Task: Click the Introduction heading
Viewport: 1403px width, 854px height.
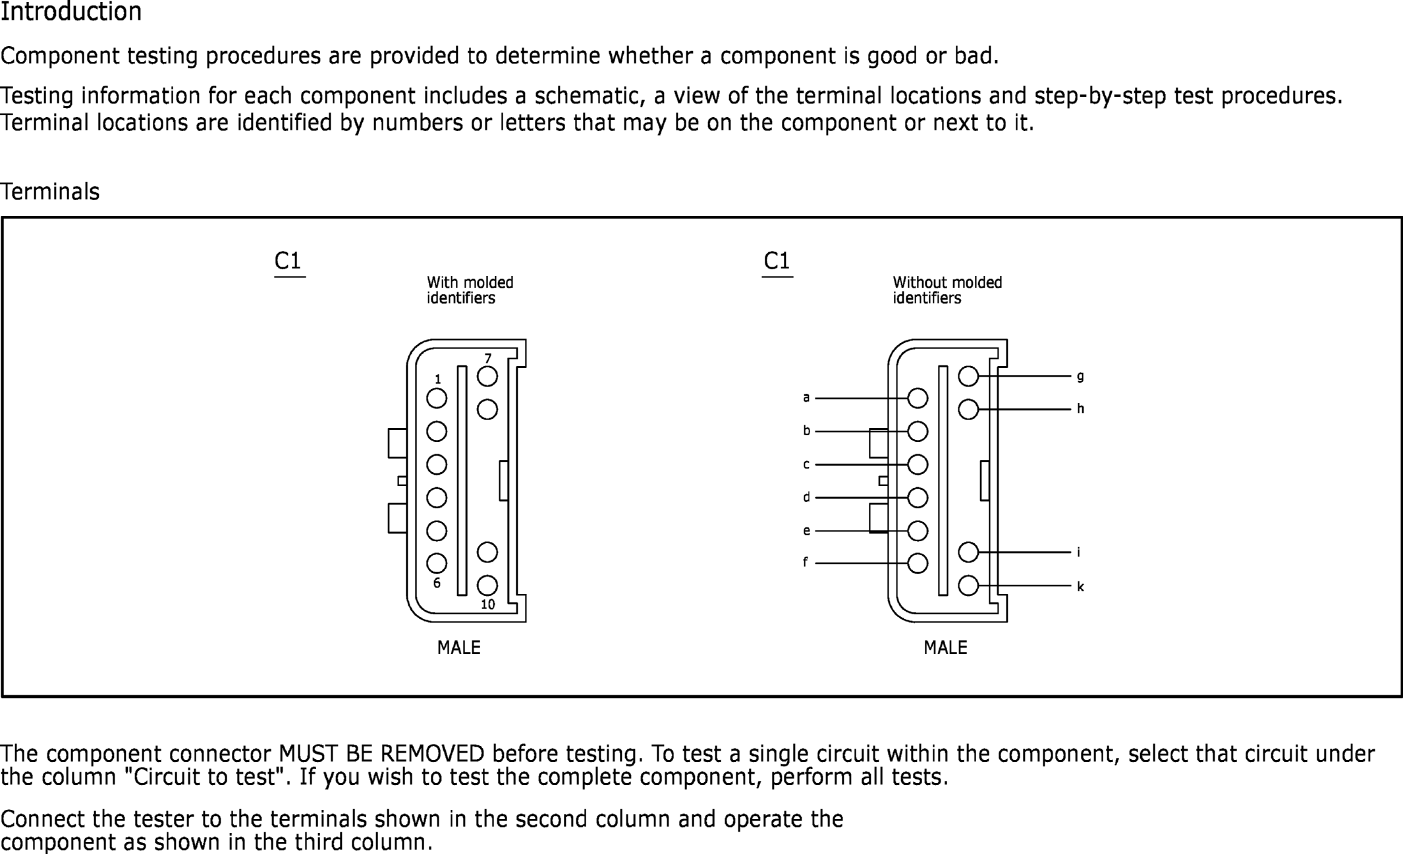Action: coord(70,13)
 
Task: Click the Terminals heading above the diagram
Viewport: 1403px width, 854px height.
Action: coord(50,192)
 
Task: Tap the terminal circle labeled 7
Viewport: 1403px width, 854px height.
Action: coord(487,377)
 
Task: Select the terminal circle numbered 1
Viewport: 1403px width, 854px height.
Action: coord(437,398)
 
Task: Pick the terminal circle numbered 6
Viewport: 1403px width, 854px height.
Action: coord(437,564)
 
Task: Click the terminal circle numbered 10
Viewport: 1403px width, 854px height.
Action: coord(487,585)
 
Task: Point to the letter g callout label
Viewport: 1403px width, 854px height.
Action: coord(1080,377)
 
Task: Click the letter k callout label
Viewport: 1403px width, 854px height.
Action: coord(1080,587)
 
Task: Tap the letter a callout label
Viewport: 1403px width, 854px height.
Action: coord(806,398)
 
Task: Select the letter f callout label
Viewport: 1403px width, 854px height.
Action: coord(805,562)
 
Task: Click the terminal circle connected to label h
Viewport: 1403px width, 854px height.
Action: coord(968,410)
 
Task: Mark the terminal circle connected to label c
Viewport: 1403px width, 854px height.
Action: coord(918,465)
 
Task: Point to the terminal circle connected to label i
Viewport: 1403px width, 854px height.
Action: coord(968,552)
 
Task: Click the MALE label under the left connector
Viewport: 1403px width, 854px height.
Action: coord(459,648)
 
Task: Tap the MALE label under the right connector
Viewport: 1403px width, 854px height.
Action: coord(945,648)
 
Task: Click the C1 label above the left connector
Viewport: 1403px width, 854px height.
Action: coord(288,261)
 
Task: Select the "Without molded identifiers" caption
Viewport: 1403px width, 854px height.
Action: coord(947,290)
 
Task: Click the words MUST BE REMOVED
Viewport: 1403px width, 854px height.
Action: coord(381,753)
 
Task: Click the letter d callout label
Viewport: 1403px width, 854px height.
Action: coord(806,497)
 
